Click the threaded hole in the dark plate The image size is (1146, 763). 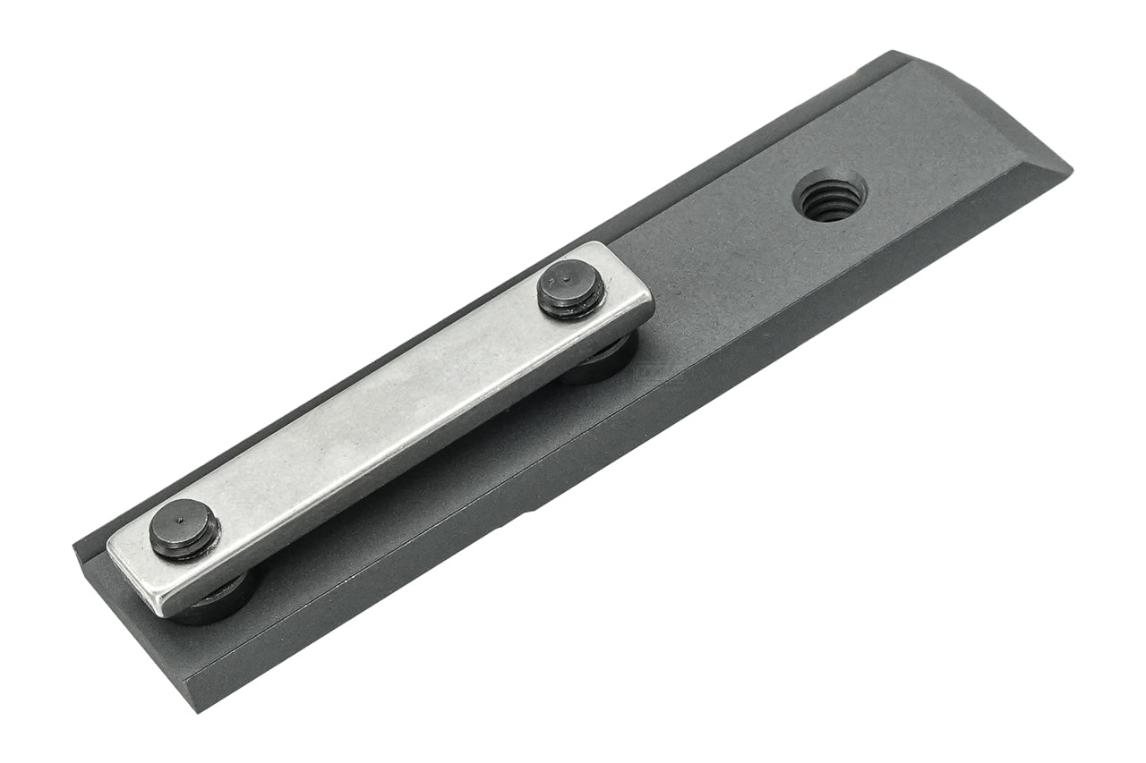coord(830,197)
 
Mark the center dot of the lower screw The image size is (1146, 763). coord(182,521)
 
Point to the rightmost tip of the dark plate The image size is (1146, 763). coord(1072,167)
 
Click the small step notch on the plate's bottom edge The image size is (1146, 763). coord(535,512)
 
